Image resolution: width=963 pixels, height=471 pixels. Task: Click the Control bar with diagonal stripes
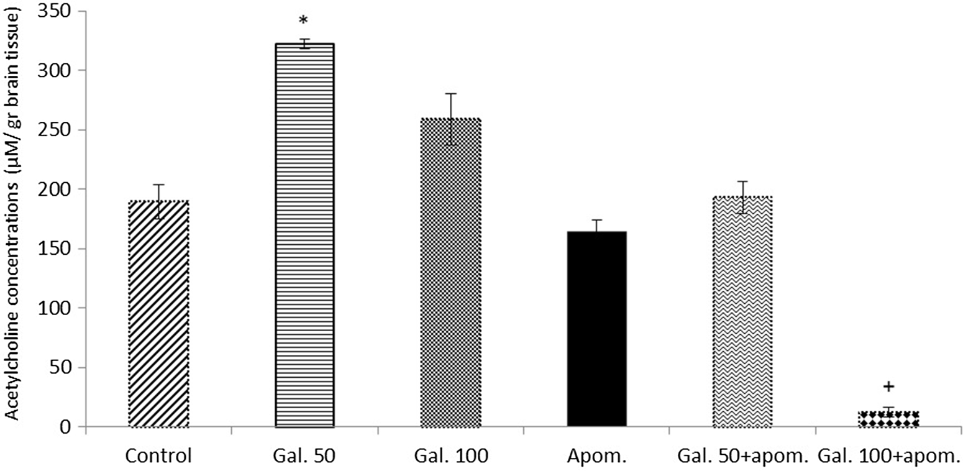pyautogui.click(x=158, y=314)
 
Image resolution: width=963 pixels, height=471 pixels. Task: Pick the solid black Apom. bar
pyautogui.click(x=597, y=329)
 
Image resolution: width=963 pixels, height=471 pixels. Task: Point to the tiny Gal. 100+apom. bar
pyautogui.click(x=888, y=419)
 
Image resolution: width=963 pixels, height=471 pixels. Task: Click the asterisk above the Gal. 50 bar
pyautogui.click(x=303, y=21)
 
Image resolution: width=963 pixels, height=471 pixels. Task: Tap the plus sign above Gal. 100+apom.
pyautogui.click(x=888, y=386)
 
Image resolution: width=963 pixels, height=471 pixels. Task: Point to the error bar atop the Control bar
pyautogui.click(x=158, y=201)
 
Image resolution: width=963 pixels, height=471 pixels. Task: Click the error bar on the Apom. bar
pyautogui.click(x=597, y=226)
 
